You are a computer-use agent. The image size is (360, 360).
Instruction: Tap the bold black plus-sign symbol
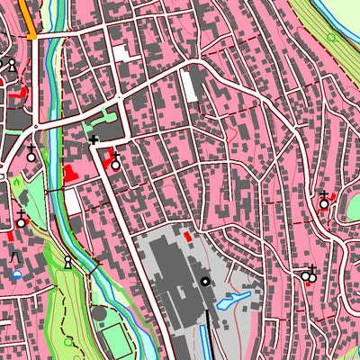93,139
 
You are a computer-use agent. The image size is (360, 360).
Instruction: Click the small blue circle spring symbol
17,274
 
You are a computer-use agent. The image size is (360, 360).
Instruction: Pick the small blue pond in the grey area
233,300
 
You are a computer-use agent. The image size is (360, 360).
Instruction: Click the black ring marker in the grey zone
205,282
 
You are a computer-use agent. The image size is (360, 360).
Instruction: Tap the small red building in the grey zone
187,236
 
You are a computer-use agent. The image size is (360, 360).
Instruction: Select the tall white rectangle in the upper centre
189,85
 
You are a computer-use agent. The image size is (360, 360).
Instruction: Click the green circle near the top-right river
331,38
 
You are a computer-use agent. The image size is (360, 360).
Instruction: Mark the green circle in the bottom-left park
68,342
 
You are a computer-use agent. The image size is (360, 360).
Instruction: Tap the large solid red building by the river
71,174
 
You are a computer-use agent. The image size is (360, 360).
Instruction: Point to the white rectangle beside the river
73,202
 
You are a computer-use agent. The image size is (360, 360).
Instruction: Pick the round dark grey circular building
98,315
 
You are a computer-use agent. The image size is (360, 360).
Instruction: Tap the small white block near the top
121,52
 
